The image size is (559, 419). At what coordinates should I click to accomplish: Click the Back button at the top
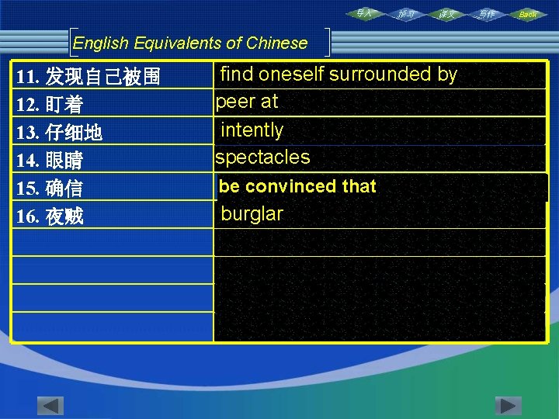click(x=527, y=14)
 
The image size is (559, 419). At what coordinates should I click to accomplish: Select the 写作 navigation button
click(x=486, y=14)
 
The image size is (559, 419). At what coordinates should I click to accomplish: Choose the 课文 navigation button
click(x=446, y=14)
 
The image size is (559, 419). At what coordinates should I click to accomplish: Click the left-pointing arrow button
click(x=50, y=406)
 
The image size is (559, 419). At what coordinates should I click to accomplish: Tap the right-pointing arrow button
click(x=509, y=406)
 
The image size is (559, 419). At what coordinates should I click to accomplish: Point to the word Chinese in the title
click(x=276, y=43)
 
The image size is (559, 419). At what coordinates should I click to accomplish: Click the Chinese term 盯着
click(x=64, y=105)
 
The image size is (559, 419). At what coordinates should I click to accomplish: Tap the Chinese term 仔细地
click(x=74, y=133)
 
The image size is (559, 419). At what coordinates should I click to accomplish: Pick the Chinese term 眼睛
click(x=64, y=161)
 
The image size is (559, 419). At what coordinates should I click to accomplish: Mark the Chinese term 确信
click(x=64, y=189)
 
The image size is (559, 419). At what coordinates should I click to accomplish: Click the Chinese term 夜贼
click(x=64, y=216)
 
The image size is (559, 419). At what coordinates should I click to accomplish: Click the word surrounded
click(x=380, y=74)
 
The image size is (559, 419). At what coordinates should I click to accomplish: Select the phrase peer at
click(x=247, y=102)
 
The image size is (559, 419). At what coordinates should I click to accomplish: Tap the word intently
click(x=252, y=130)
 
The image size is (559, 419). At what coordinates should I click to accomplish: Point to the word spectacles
click(x=262, y=158)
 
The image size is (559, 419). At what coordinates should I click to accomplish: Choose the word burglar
click(x=252, y=213)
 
